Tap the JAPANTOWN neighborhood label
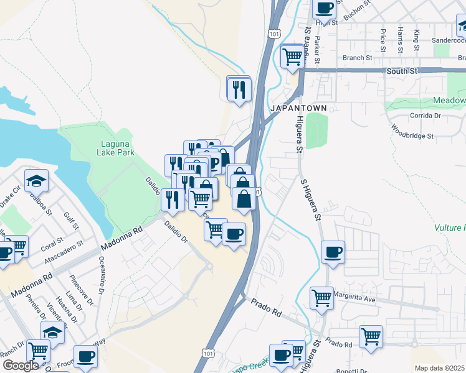point(298,108)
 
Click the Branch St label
point(357,58)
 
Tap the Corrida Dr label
point(426,116)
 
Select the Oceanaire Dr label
point(100,277)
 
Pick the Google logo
point(21,366)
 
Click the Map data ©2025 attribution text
point(440,368)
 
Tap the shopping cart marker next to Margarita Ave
point(321,298)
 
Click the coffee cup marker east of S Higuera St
point(333,252)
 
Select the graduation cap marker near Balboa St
point(37,180)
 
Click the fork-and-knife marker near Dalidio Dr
point(172,199)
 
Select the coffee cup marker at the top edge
point(323,8)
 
